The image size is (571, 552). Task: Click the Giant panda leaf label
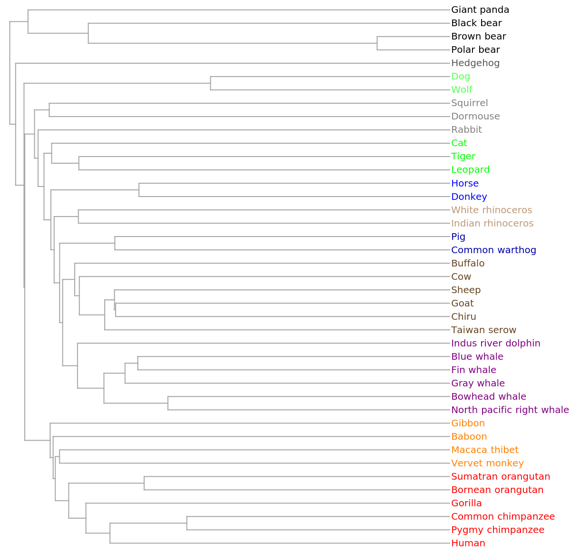click(x=480, y=10)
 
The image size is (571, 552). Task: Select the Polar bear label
click(x=475, y=49)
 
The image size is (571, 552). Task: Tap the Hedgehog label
click(x=475, y=63)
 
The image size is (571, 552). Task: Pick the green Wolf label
click(x=462, y=89)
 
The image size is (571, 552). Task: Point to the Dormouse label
click(x=475, y=116)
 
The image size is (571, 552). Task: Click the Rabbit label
click(x=466, y=129)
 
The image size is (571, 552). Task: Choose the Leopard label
click(x=470, y=169)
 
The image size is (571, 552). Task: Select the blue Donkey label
click(x=469, y=197)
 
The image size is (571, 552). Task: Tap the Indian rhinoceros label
click(x=492, y=223)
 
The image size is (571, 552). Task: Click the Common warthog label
click(x=493, y=250)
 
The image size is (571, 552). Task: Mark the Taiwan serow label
click(x=483, y=330)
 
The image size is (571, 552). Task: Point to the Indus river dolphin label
click(x=496, y=343)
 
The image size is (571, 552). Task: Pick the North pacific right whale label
click(x=510, y=410)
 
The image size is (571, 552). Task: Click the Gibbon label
click(x=468, y=423)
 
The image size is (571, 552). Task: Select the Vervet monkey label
click(x=487, y=463)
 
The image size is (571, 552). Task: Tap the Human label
click(x=468, y=543)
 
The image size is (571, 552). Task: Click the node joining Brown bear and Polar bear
click(x=377, y=43)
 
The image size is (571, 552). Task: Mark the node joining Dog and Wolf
click(x=211, y=83)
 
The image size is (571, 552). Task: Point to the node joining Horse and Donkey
click(x=139, y=190)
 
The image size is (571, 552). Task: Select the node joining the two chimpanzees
click(x=187, y=523)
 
